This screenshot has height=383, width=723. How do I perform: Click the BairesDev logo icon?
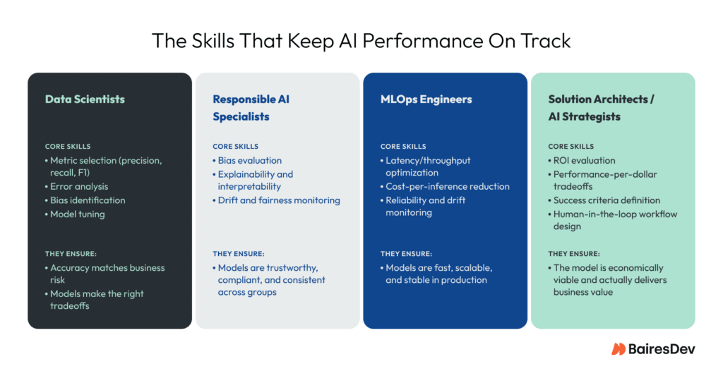[x=619, y=349]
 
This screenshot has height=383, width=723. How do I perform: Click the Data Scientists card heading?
[x=85, y=99]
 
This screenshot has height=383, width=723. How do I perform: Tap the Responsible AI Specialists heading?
[x=251, y=108]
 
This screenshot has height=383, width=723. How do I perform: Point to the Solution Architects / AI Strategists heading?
[x=601, y=108]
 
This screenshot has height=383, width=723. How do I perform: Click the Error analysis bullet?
[x=79, y=187]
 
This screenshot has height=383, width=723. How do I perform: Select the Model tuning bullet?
[x=77, y=214]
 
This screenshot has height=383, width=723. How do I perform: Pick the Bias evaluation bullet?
[x=249, y=160]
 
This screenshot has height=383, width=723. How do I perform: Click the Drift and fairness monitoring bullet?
[x=279, y=200]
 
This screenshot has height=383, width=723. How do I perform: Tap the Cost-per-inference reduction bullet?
[x=447, y=187]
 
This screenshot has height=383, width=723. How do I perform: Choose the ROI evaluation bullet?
[x=584, y=160]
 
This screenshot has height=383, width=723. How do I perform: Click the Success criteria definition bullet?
[x=607, y=200]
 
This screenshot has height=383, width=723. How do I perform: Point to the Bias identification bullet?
[x=88, y=200]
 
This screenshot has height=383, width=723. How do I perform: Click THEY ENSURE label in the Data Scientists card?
[x=72, y=253]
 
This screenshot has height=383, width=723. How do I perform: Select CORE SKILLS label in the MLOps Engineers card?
[x=403, y=147]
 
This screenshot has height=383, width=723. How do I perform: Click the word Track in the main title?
[x=546, y=41]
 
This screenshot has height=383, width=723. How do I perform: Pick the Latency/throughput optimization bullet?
[x=428, y=166]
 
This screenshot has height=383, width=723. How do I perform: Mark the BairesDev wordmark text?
[x=662, y=349]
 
